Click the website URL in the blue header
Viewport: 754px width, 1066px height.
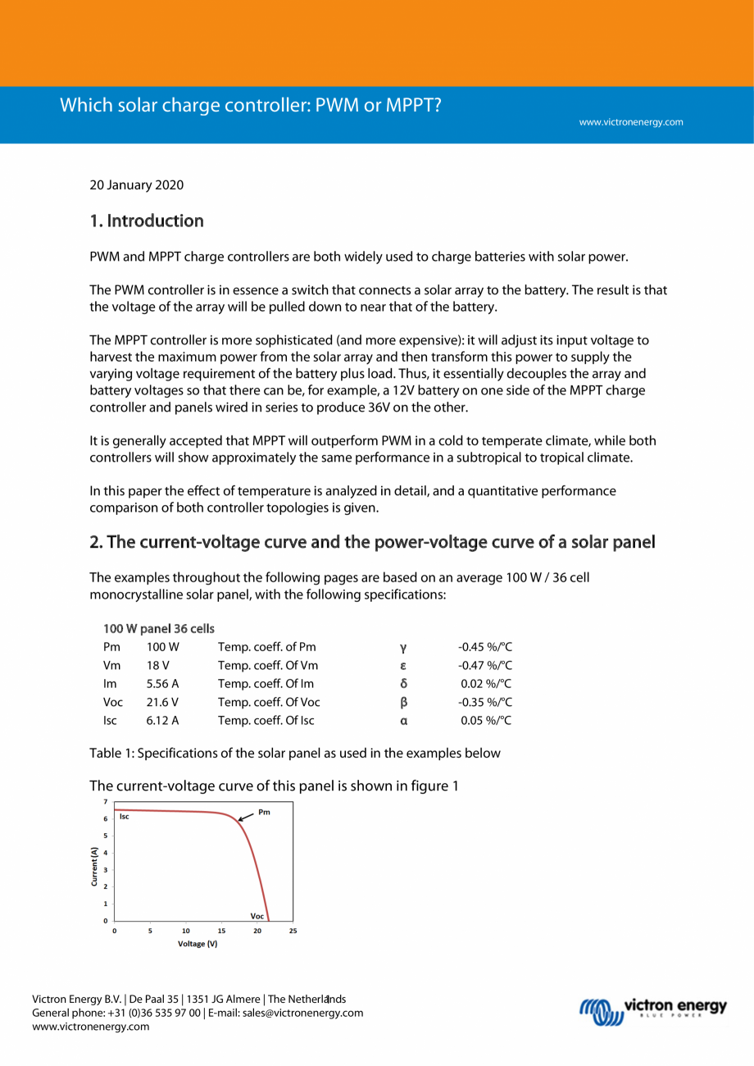(x=630, y=122)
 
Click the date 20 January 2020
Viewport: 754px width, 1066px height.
(x=136, y=184)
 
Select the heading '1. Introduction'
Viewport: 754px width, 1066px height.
(x=146, y=221)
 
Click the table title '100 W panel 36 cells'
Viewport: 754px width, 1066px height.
(x=158, y=629)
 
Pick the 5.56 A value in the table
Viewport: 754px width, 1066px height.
(x=162, y=683)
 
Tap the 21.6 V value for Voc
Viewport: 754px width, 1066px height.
(x=162, y=702)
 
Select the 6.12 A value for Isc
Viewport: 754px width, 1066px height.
(x=162, y=721)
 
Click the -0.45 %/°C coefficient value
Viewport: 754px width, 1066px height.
(x=484, y=647)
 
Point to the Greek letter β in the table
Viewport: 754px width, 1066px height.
(x=403, y=703)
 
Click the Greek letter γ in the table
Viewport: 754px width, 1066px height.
(x=403, y=648)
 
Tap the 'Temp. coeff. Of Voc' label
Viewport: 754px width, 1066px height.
(x=269, y=702)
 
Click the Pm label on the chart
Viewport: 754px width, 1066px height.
(x=264, y=812)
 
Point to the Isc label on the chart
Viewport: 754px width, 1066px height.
(x=125, y=817)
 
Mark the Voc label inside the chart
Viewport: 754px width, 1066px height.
(x=257, y=915)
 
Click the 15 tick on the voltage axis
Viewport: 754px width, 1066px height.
(x=221, y=931)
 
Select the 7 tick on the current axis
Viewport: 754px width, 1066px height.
(x=104, y=800)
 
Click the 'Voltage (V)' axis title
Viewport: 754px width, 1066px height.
(x=198, y=944)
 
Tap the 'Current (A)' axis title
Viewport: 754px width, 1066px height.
(x=95, y=866)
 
